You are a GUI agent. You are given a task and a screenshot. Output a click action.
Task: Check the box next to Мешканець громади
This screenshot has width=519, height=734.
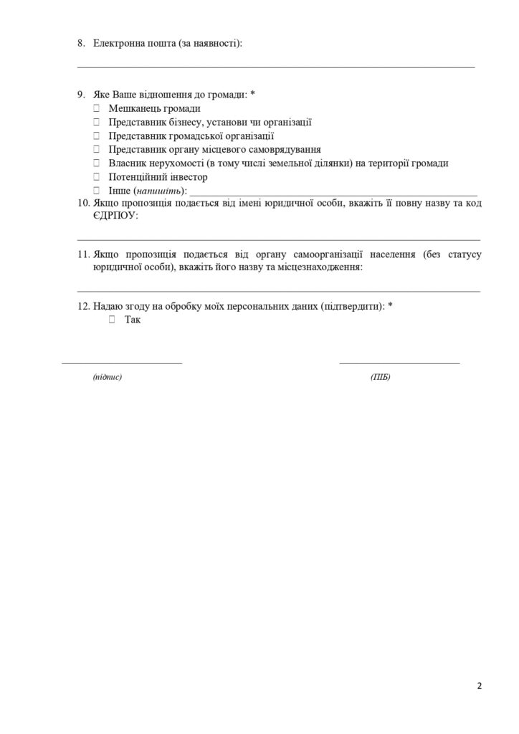pyautogui.click(x=96, y=108)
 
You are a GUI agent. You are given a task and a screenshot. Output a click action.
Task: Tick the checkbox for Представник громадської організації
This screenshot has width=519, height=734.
pyautogui.click(x=96, y=135)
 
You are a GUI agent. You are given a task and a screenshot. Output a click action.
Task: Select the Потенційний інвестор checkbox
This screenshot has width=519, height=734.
pyautogui.click(x=96, y=177)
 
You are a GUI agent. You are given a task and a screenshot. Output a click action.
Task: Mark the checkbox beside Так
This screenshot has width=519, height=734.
pyautogui.click(x=112, y=320)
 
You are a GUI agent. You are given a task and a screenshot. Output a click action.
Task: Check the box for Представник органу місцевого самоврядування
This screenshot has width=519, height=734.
pyautogui.click(x=96, y=149)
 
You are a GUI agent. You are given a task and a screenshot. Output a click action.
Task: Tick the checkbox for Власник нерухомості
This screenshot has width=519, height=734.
pyautogui.click(x=96, y=163)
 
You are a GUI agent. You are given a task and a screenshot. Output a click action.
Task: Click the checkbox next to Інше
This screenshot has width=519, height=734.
pyautogui.click(x=96, y=191)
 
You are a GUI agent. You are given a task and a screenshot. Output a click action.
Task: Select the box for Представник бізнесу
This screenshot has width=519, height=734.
pyautogui.click(x=96, y=122)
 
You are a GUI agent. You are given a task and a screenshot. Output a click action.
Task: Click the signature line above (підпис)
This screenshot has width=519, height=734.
pyautogui.click(x=122, y=362)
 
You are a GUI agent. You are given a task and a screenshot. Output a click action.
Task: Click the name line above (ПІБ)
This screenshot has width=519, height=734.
pyautogui.click(x=399, y=362)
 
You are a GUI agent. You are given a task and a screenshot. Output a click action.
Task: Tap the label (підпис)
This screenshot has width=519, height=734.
pyautogui.click(x=108, y=377)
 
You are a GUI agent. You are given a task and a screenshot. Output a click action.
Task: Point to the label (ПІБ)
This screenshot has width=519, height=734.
pyautogui.click(x=381, y=377)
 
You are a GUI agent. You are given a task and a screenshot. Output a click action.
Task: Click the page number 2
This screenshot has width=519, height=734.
pyautogui.click(x=480, y=686)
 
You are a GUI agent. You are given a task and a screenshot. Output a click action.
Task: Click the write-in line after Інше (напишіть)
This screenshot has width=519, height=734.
pyautogui.click(x=333, y=194)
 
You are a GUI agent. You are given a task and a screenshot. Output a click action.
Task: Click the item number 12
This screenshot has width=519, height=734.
pyautogui.click(x=82, y=306)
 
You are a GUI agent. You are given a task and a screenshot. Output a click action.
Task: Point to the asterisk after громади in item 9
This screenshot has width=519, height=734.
pyautogui.click(x=253, y=95)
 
